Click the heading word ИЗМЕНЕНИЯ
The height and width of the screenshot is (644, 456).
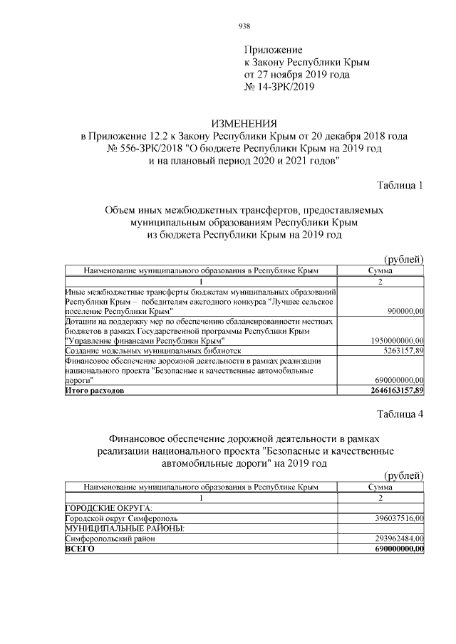[x=244, y=124]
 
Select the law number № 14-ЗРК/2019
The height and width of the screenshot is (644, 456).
[x=279, y=86]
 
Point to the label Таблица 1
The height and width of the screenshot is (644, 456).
[x=400, y=186]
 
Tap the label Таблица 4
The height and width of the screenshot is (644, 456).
[x=400, y=416]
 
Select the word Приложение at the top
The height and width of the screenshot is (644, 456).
[x=274, y=51]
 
